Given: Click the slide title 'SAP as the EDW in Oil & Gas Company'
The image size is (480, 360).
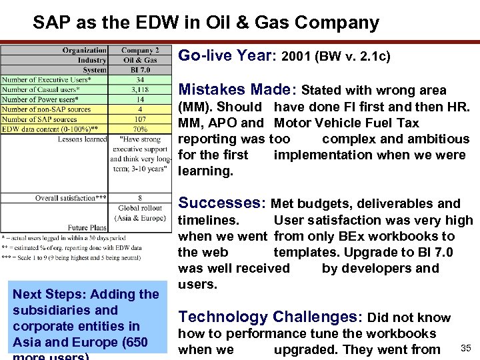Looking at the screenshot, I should [206, 23].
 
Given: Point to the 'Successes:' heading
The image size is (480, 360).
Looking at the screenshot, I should [221, 203].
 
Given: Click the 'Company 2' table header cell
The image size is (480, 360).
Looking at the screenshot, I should [140, 50].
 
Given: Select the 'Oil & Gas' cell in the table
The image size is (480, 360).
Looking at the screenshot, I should [140, 60].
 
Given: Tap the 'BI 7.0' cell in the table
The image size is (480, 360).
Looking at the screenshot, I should [140, 70].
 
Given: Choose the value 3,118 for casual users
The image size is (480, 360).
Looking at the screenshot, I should [140, 89].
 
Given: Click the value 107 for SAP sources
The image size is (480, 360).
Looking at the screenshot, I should [140, 119].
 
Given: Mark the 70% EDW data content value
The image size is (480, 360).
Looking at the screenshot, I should [140, 129].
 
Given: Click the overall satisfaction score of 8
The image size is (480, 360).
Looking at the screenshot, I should [140, 198].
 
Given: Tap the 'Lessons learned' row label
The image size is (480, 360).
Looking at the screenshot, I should [82, 139].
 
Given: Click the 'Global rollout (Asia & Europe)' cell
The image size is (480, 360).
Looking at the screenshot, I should [140, 213].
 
